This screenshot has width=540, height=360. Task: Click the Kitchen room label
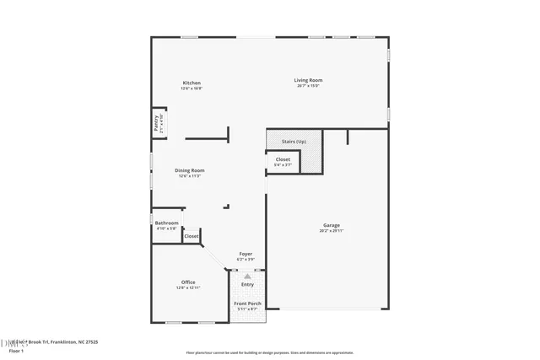click(192, 83)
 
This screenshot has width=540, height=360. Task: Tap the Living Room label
click(309, 80)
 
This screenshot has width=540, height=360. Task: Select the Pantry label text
click(157, 123)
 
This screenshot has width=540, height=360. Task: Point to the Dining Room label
click(190, 170)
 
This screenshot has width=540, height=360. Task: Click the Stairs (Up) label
click(294, 142)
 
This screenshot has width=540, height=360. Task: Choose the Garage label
click(332, 225)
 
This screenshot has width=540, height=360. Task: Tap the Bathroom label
click(167, 223)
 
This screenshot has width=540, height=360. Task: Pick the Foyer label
click(246, 254)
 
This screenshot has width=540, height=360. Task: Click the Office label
click(189, 282)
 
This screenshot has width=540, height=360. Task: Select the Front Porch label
click(247, 304)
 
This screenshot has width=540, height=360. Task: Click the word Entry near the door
click(247, 284)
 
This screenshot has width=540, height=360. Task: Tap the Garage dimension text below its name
click(332, 230)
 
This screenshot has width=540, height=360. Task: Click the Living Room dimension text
click(309, 85)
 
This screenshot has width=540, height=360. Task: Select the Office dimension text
click(189, 287)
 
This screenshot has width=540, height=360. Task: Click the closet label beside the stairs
click(283, 159)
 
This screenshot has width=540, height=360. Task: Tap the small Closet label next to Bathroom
click(192, 236)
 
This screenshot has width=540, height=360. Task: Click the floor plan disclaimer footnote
click(270, 352)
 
